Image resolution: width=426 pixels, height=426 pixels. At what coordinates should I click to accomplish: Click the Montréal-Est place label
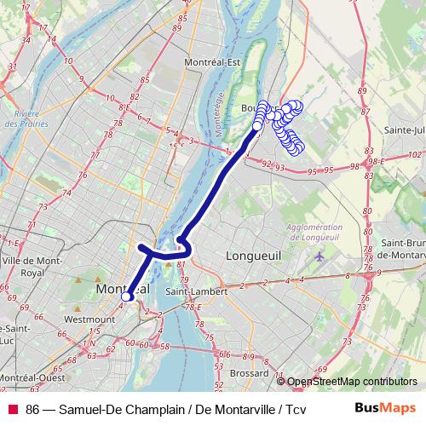(x=214, y=61)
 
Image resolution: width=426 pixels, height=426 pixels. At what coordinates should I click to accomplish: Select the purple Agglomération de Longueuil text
(x=310, y=232)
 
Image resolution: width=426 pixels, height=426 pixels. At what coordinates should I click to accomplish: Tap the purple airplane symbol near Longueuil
(x=319, y=256)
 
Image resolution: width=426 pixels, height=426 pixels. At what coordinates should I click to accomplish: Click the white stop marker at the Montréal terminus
(x=124, y=296)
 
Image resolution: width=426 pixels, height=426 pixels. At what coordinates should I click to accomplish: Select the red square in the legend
(x=13, y=409)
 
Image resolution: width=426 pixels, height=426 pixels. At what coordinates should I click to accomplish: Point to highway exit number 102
(x=415, y=154)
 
